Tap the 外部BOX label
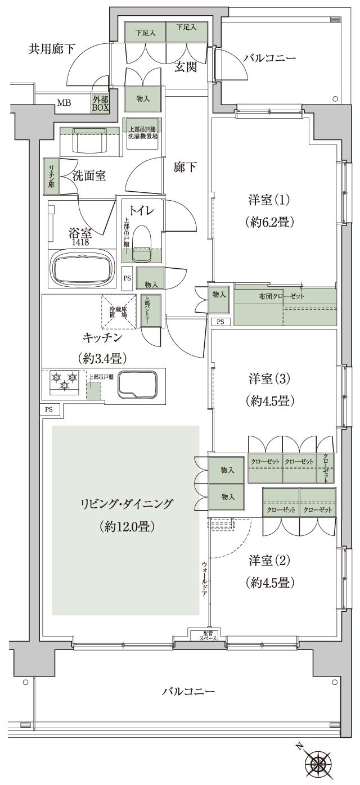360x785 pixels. point(101,103)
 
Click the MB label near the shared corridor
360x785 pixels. point(63,103)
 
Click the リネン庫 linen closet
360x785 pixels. point(51,176)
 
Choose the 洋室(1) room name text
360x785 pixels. point(268,200)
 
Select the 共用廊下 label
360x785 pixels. point(52,49)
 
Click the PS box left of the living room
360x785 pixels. point(49,409)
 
